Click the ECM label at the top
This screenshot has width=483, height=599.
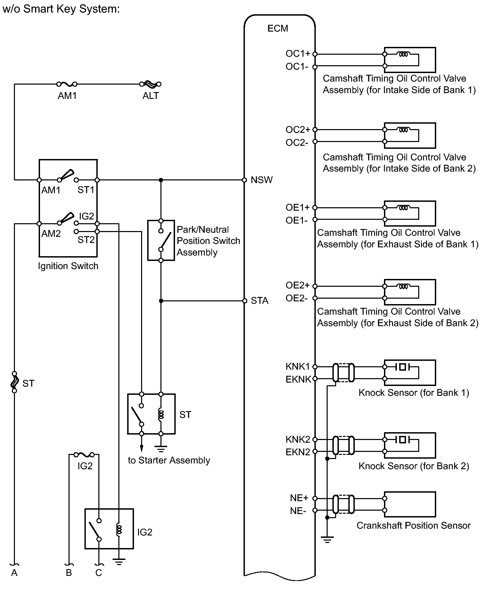(x=277, y=28)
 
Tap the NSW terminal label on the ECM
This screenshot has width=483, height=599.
(x=262, y=180)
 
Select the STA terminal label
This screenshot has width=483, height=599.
(x=259, y=301)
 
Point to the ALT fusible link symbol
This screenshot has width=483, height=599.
(x=151, y=84)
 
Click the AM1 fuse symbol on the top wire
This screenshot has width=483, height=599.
(x=67, y=84)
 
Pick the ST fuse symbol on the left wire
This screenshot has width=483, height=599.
(x=14, y=382)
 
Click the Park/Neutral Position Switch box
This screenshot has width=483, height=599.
(x=161, y=240)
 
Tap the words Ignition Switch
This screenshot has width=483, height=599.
(x=68, y=266)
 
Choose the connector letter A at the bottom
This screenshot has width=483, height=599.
(x=14, y=573)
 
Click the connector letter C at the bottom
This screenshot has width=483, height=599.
(x=99, y=573)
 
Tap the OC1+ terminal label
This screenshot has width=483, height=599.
(x=298, y=54)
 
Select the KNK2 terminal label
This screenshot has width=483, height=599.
(x=298, y=439)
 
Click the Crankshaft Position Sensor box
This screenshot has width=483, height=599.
(x=410, y=504)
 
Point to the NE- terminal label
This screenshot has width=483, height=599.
(x=298, y=511)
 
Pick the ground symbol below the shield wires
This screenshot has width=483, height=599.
(x=327, y=540)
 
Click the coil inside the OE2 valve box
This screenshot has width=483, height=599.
(x=403, y=286)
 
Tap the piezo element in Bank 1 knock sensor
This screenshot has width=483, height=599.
(x=402, y=367)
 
